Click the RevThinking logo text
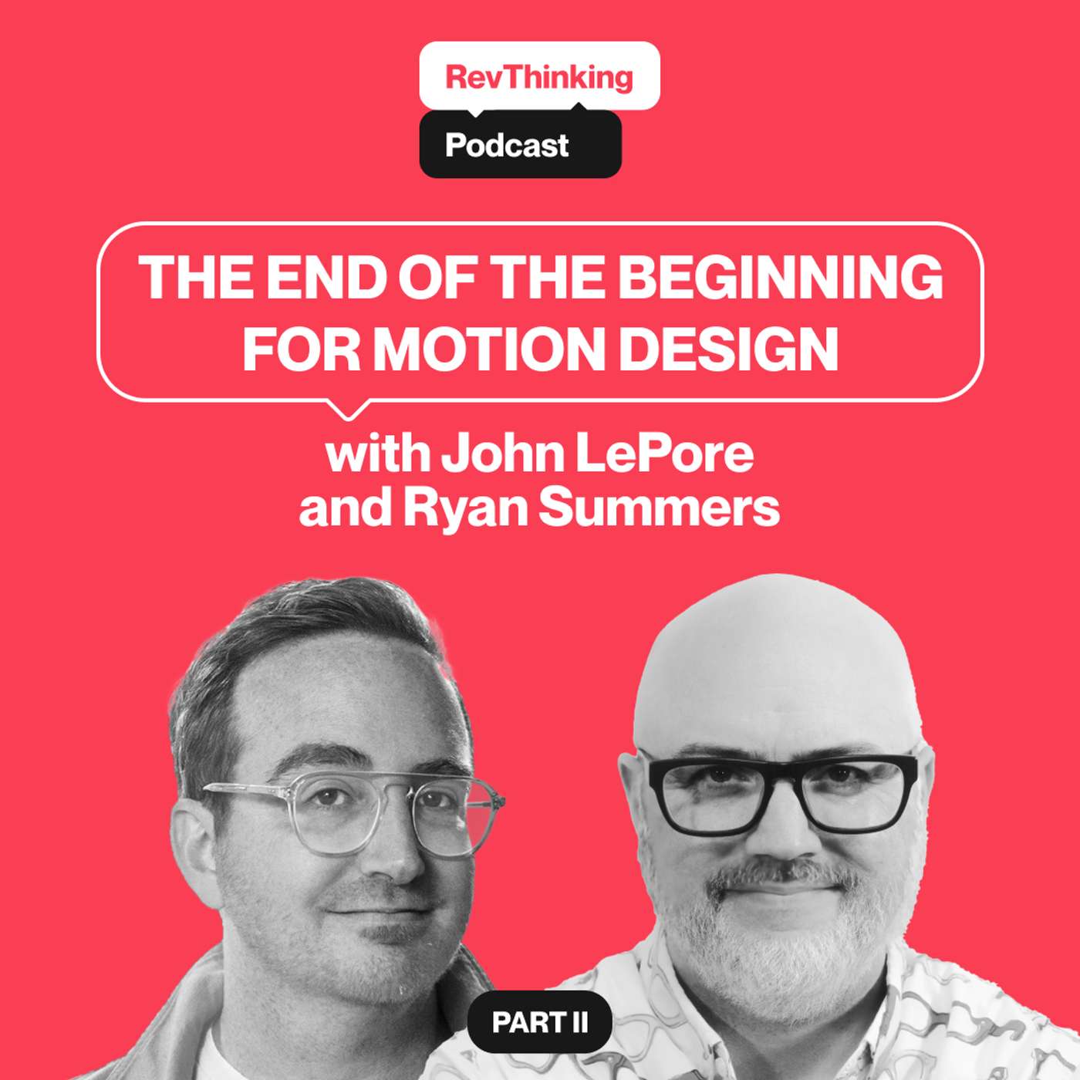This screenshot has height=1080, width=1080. tap(539, 77)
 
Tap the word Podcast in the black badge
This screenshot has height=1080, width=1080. tap(507, 145)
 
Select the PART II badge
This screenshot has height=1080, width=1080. tap(540, 1022)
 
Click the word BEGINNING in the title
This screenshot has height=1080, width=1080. tap(780, 278)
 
